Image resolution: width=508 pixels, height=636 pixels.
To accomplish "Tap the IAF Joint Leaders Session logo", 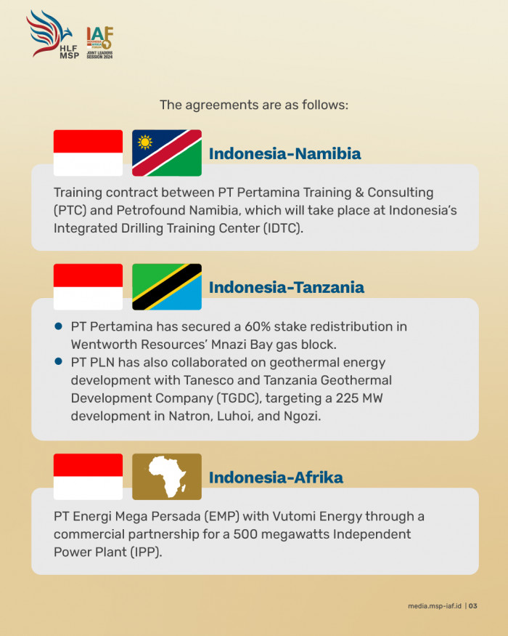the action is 99,43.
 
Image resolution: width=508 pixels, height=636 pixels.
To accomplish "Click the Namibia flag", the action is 167,153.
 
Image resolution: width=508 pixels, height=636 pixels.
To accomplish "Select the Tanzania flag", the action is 167,287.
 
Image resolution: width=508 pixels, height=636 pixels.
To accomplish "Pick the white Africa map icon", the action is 168,477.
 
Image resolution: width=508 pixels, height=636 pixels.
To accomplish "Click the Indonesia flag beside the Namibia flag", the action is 88,153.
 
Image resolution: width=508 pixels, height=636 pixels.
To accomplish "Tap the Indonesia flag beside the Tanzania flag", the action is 88,287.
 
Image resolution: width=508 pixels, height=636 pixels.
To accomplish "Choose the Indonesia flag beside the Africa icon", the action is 88,477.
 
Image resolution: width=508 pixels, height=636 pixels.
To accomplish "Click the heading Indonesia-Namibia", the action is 284,153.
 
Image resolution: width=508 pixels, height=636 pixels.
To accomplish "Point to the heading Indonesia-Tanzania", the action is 287,288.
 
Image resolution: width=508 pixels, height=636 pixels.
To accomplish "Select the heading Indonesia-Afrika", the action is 276,478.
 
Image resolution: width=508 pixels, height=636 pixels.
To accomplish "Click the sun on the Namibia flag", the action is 144,142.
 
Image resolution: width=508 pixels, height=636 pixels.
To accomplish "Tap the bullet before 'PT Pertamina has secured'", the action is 58,326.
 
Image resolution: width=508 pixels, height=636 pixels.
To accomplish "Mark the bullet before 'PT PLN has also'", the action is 58,361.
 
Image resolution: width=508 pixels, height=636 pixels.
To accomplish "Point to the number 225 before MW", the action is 346,398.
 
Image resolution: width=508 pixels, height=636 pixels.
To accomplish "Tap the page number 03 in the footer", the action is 472,606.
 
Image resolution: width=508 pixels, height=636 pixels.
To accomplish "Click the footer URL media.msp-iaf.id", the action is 435,606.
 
